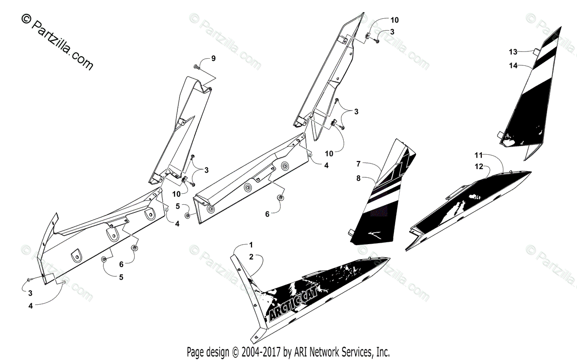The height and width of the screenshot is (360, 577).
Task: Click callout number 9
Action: pyautogui.click(x=213, y=59)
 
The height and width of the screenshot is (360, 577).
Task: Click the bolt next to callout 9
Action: pyautogui.click(x=197, y=66)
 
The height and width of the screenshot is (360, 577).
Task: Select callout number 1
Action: pyautogui.click(x=251, y=245)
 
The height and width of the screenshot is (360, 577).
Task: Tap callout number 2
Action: pyautogui.click(x=251, y=258)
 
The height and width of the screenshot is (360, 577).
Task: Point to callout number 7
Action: pyautogui.click(x=358, y=164)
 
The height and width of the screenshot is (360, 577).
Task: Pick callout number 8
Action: pyautogui.click(x=358, y=178)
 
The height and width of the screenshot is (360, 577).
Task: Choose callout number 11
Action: pyautogui.click(x=478, y=155)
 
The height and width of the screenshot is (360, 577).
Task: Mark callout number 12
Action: pyautogui.click(x=478, y=166)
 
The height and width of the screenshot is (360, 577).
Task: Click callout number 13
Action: pyautogui.click(x=513, y=51)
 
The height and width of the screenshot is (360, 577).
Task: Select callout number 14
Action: pyautogui.click(x=513, y=66)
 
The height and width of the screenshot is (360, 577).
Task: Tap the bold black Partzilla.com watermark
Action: pyautogui.click(x=57, y=42)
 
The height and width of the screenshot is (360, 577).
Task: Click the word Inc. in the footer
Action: pyautogui.click(x=383, y=351)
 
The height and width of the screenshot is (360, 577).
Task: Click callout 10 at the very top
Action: pyautogui.click(x=394, y=20)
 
